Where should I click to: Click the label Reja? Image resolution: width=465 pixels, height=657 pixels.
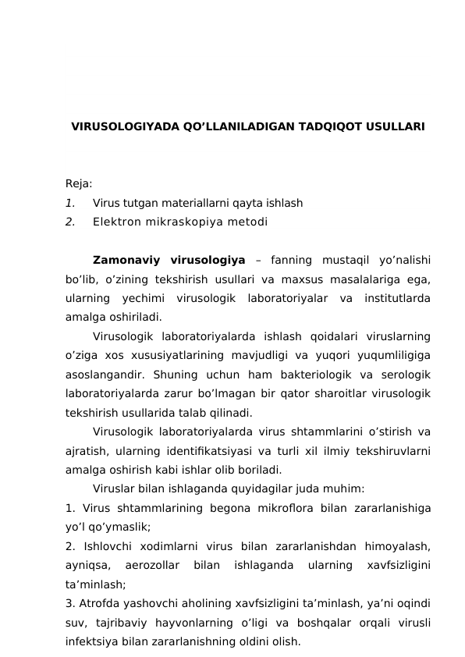click(x=79, y=183)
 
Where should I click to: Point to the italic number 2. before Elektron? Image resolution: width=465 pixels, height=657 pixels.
click(x=70, y=222)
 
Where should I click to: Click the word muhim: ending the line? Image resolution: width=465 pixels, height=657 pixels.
click(x=345, y=489)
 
